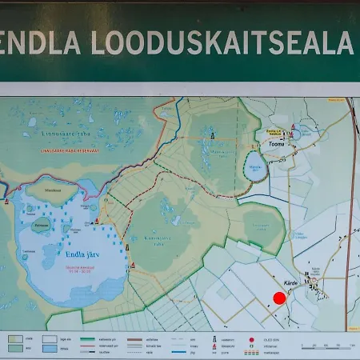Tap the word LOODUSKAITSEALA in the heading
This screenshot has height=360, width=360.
tap(222, 41)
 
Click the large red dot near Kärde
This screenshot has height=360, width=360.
tap(279, 298)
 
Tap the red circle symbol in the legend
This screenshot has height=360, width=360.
tap(252, 338)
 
